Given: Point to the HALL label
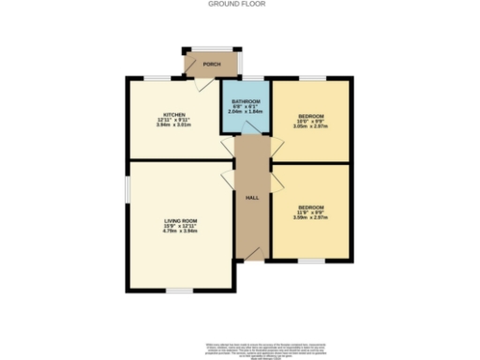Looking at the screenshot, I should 251,199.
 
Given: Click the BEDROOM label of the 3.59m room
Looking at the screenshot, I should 310,206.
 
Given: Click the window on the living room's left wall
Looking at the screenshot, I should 127,190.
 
